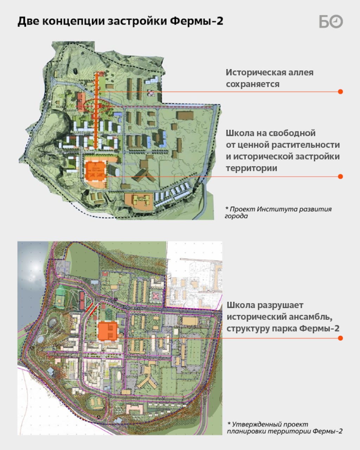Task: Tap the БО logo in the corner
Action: click(x=331, y=21)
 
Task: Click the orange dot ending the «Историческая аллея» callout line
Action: click(x=340, y=91)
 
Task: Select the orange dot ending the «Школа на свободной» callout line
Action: click(x=340, y=176)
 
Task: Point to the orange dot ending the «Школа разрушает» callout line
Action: click(x=340, y=338)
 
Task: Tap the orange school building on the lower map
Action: click(x=108, y=331)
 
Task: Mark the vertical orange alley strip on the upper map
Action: click(x=96, y=116)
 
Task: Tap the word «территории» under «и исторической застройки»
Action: click(x=251, y=168)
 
